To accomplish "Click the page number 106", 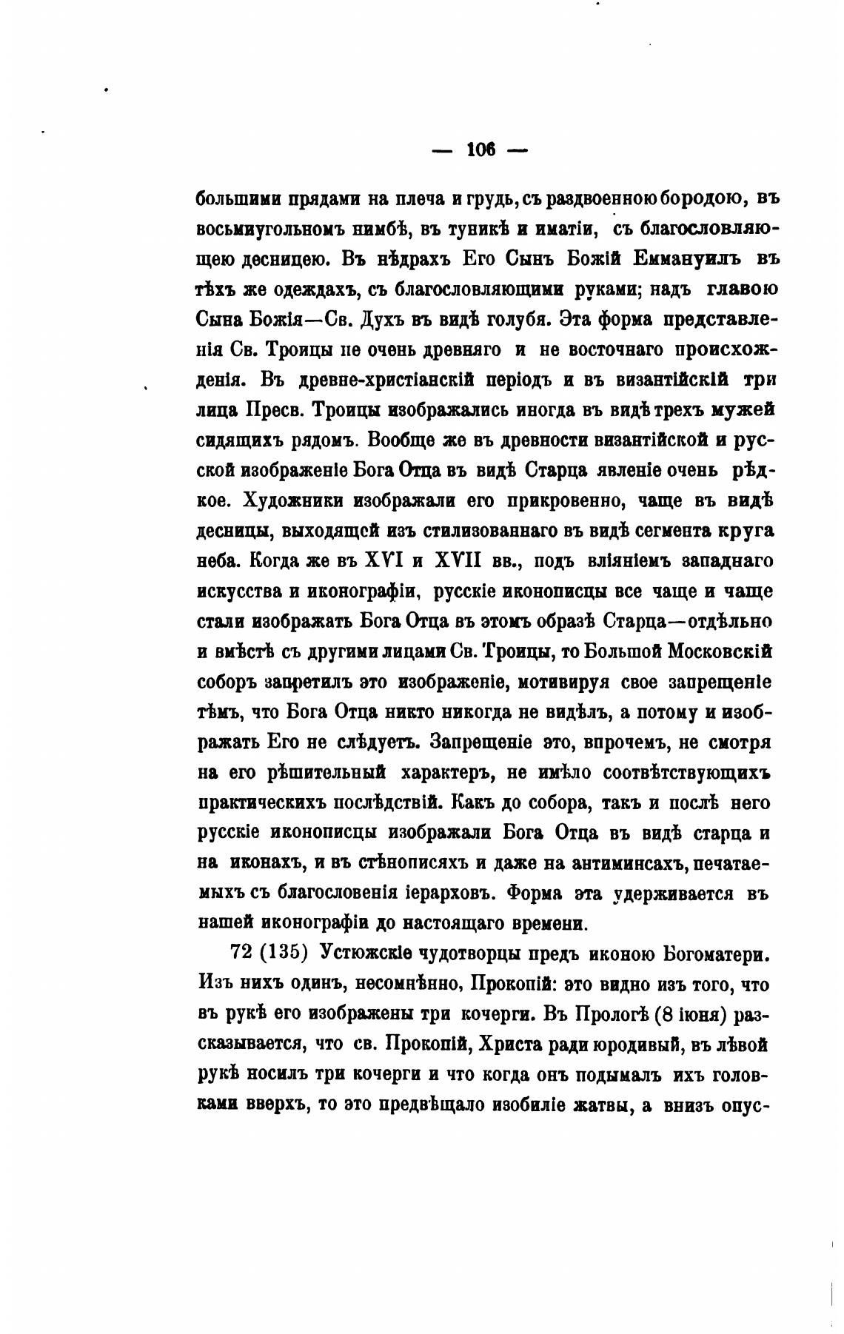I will (480, 150).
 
